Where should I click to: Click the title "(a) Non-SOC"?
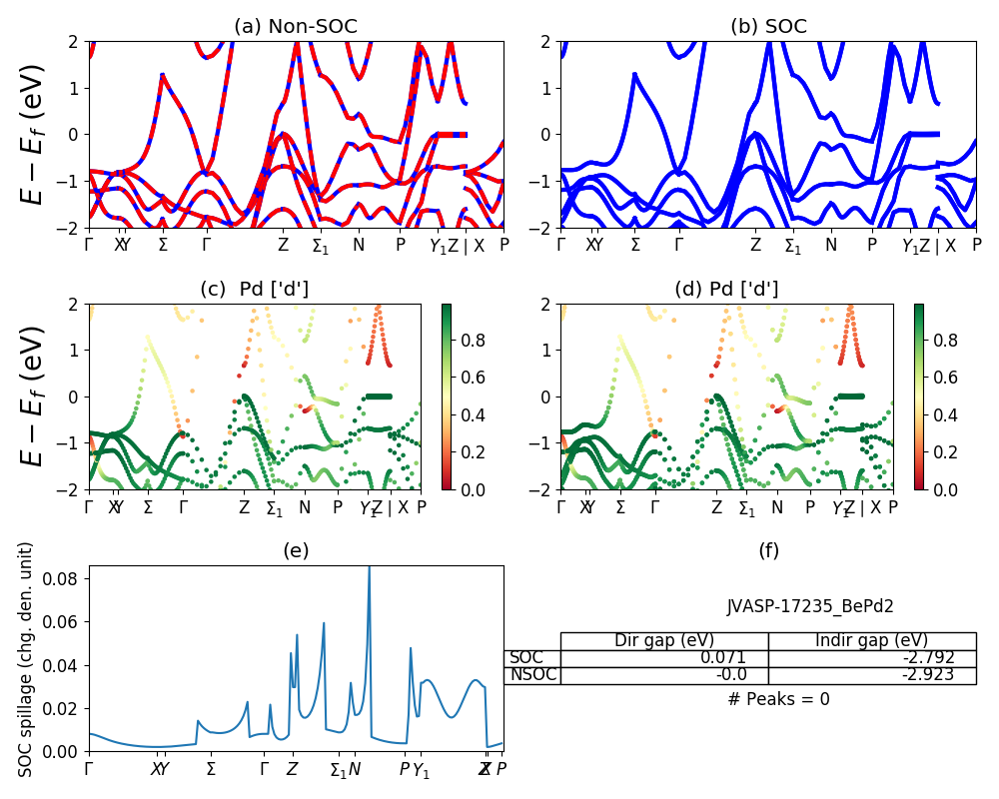tap(295, 27)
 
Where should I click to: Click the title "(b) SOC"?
tap(768, 27)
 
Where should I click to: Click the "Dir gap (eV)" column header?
tap(663, 641)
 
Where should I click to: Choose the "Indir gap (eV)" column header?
tap(871, 641)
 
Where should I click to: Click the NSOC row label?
tap(531, 675)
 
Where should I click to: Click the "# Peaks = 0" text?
tap(778, 699)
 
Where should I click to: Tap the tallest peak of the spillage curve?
tap(370, 568)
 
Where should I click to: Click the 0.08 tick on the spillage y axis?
tap(68, 577)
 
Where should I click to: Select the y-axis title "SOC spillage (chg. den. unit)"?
tap(27, 659)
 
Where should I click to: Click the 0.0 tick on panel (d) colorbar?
tap(938, 489)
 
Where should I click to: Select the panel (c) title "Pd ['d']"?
tap(255, 290)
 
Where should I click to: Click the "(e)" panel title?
tap(296, 550)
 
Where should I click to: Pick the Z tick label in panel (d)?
tap(716, 507)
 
